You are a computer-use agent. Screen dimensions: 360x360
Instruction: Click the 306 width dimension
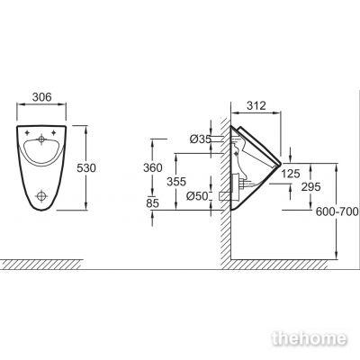[42, 97]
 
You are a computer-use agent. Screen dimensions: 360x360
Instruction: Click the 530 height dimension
[86, 167]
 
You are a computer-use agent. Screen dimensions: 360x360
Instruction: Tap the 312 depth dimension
[256, 105]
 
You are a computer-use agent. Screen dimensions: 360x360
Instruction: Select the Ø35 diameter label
[201, 139]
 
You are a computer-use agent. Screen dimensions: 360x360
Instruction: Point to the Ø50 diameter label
[197, 196]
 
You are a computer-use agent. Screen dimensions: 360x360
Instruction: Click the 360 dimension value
[153, 167]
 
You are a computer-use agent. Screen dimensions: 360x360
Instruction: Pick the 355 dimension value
[176, 182]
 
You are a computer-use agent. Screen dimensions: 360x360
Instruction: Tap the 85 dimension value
[152, 203]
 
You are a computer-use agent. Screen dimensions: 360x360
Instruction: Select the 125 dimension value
[291, 174]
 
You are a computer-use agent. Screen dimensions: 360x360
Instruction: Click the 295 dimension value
[310, 187]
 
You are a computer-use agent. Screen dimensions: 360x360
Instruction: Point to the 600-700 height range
[337, 211]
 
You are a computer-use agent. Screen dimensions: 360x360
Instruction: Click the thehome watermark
[310, 338]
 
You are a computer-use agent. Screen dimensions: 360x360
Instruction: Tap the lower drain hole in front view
[41, 196]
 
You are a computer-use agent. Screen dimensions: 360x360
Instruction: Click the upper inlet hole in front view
[41, 139]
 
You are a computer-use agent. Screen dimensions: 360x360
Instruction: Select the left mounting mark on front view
[27, 132]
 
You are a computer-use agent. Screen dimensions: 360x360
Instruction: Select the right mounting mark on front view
[54, 132]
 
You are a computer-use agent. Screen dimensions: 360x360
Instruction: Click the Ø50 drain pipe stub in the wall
[225, 196]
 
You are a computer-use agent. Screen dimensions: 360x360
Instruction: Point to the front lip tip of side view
[281, 164]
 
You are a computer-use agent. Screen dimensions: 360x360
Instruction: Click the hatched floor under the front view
[40, 264]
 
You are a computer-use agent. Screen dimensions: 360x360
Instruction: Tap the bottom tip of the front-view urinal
[41, 210]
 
